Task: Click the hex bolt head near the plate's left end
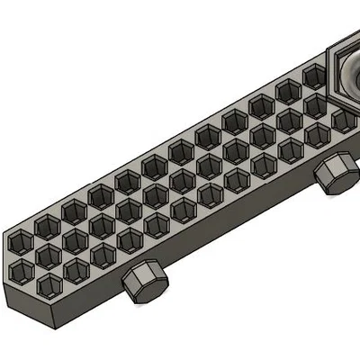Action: [144, 283]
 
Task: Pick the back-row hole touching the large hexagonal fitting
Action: [314, 76]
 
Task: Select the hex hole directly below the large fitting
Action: [343, 119]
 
